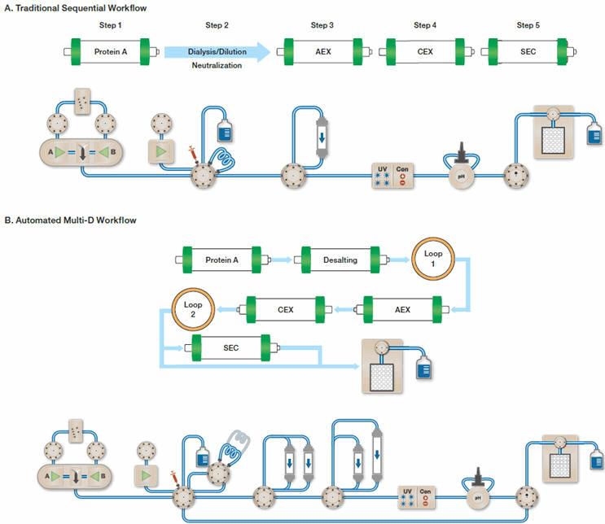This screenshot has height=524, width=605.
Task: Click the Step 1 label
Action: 107,26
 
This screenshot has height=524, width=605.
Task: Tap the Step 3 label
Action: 321,26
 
